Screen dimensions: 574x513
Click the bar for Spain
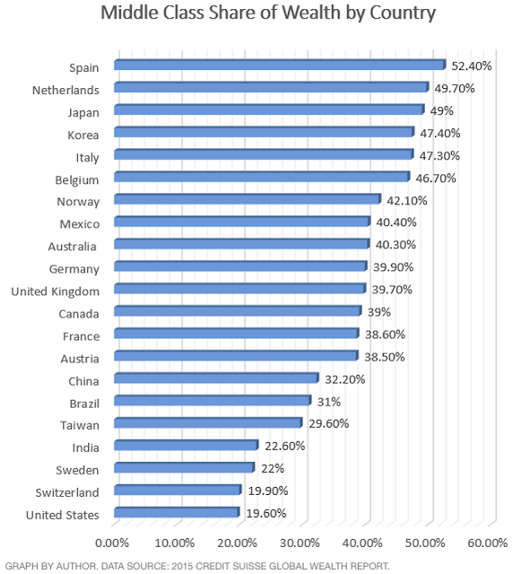(280, 65)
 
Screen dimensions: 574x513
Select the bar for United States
(177, 512)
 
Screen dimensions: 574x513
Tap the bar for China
(216, 378)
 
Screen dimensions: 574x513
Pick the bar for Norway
(248, 199)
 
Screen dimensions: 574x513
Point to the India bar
(186, 445)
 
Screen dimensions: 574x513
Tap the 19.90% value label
(265, 491)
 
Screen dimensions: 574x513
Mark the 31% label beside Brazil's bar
(328, 402)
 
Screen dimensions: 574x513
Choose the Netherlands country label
(65, 90)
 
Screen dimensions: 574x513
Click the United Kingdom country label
(55, 291)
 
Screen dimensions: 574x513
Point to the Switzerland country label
(62, 491)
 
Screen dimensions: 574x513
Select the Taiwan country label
(79, 425)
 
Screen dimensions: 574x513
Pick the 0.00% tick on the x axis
(113, 544)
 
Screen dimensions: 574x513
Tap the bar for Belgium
(261, 177)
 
